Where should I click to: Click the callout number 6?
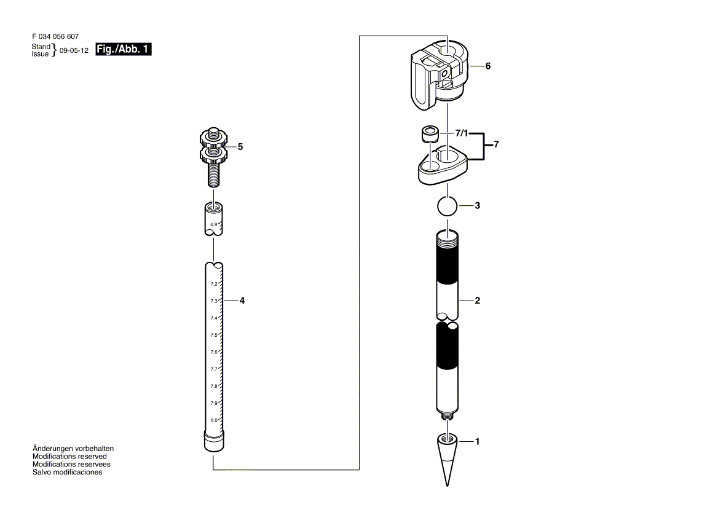point(488,66)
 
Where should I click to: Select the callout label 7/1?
point(462,133)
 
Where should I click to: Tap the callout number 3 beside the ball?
point(478,206)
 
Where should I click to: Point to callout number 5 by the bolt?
point(240,147)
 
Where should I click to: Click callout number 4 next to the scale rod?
point(242,301)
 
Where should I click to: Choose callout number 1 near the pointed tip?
point(478,442)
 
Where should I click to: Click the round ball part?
point(448,206)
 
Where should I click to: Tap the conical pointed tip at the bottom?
point(447,459)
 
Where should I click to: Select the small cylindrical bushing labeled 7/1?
point(430,133)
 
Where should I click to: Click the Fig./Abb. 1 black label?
point(123,49)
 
